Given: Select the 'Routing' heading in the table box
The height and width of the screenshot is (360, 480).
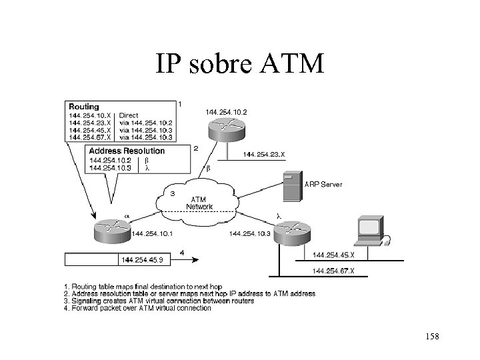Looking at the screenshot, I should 84,106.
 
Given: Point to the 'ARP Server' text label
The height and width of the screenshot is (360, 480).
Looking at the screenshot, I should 323,185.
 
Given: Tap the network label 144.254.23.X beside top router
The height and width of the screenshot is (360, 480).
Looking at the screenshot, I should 263,155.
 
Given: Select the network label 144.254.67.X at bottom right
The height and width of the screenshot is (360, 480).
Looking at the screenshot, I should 333,270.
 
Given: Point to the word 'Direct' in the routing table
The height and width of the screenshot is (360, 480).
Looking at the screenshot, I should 129,115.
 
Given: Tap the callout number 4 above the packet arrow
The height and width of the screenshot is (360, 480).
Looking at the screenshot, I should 181,253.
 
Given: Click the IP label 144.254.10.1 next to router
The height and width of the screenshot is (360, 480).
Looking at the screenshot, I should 153,233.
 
